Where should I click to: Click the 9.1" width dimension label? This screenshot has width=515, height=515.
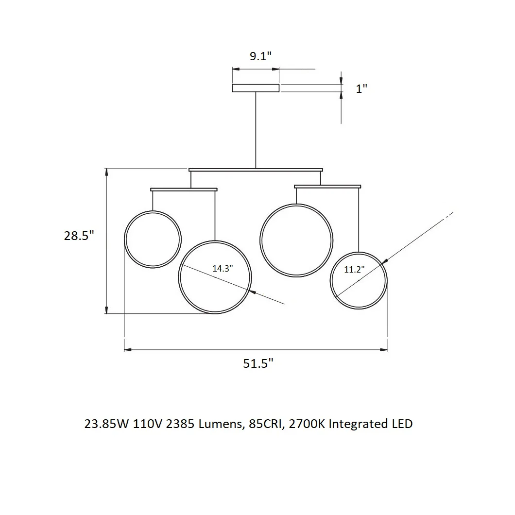click(260, 56)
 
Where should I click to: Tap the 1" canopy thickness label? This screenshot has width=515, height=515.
click(361, 88)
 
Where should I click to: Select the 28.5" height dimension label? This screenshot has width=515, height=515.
click(79, 236)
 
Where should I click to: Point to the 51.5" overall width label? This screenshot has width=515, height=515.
click(258, 363)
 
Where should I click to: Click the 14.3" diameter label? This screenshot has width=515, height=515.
click(223, 268)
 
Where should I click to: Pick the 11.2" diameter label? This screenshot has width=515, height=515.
click(354, 269)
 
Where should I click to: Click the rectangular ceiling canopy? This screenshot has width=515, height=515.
click(256, 88)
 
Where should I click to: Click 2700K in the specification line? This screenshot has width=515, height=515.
click(307, 424)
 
